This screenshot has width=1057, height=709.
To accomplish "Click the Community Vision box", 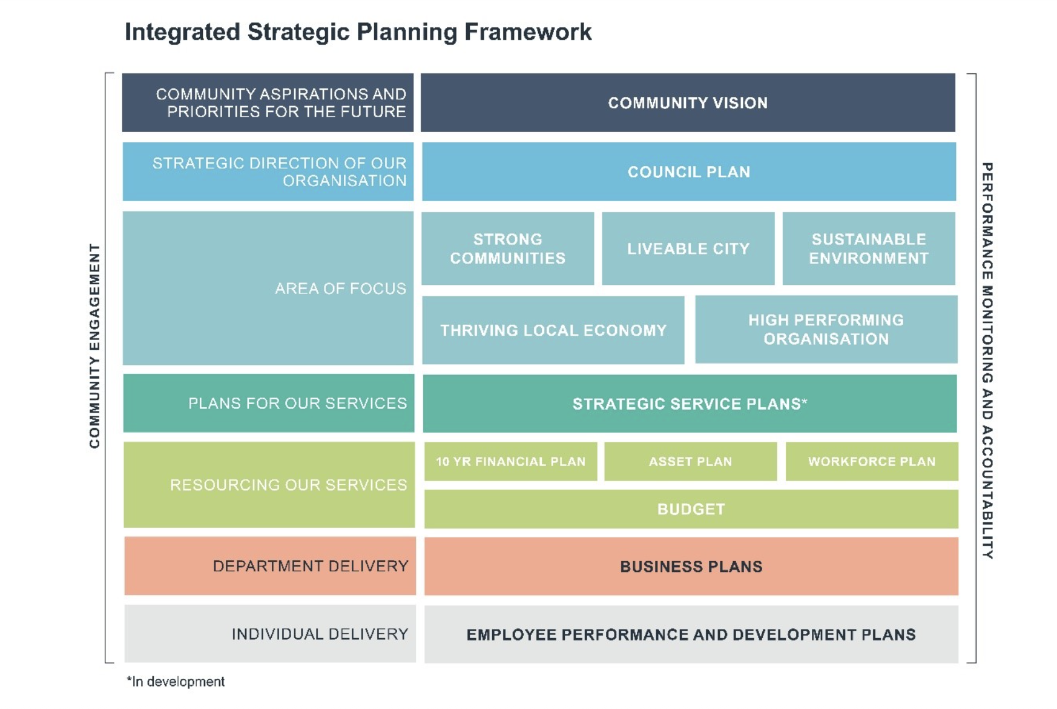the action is tap(688, 102).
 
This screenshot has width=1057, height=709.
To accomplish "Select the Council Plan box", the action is tap(689, 171).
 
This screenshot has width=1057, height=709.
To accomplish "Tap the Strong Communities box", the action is tap(507, 248).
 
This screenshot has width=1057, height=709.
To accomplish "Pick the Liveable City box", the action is tap(688, 248).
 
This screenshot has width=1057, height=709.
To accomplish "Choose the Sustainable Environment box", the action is tap(869, 248).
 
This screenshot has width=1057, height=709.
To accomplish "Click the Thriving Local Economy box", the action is tap(553, 330).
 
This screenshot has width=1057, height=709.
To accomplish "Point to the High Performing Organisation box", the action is tap(826, 330).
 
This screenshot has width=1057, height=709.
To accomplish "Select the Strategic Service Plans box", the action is tap(690, 404).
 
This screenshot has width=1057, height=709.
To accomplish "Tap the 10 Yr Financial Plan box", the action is tap(510, 462).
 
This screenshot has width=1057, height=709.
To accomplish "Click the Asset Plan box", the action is tap(691, 462).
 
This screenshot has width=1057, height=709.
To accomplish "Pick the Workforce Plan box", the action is tap(872, 462).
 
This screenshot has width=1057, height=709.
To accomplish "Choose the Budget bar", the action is tap(691, 509).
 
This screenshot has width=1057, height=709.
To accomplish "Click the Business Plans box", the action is tap(691, 567).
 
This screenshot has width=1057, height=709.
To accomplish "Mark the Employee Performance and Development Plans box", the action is tap(691, 634).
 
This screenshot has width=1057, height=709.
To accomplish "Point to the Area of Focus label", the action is tap(341, 288).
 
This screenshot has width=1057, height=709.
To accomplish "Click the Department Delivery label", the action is tap(311, 566).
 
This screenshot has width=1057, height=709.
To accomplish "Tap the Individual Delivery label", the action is tap(320, 634).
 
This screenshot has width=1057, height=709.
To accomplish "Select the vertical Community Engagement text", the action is tap(94, 346).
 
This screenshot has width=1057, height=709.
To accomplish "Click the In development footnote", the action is tap(176, 682).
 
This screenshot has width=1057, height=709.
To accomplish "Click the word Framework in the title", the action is tap(528, 32).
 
